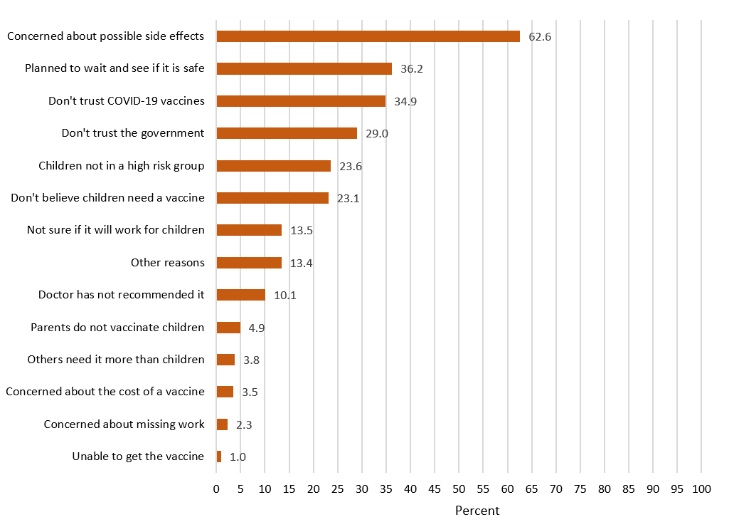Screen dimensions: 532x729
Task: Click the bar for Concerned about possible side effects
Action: point(368,36)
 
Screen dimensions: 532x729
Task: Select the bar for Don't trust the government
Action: point(287,133)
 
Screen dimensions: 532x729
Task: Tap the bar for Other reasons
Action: point(249,263)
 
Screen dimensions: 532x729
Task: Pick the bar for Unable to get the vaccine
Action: point(219,457)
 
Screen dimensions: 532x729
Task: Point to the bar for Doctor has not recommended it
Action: point(241,295)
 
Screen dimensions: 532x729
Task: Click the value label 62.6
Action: point(540,36)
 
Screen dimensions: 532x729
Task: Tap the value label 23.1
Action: point(348,199)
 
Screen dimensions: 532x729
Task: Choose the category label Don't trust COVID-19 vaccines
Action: point(127,101)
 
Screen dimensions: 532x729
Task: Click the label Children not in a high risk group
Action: point(122,166)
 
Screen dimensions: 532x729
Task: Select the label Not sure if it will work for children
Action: point(116,230)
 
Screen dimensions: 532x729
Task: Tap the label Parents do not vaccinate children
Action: point(117,328)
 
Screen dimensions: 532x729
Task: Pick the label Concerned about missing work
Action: point(124,424)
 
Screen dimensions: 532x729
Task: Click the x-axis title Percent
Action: point(477,511)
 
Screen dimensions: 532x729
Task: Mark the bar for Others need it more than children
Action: point(225,360)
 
